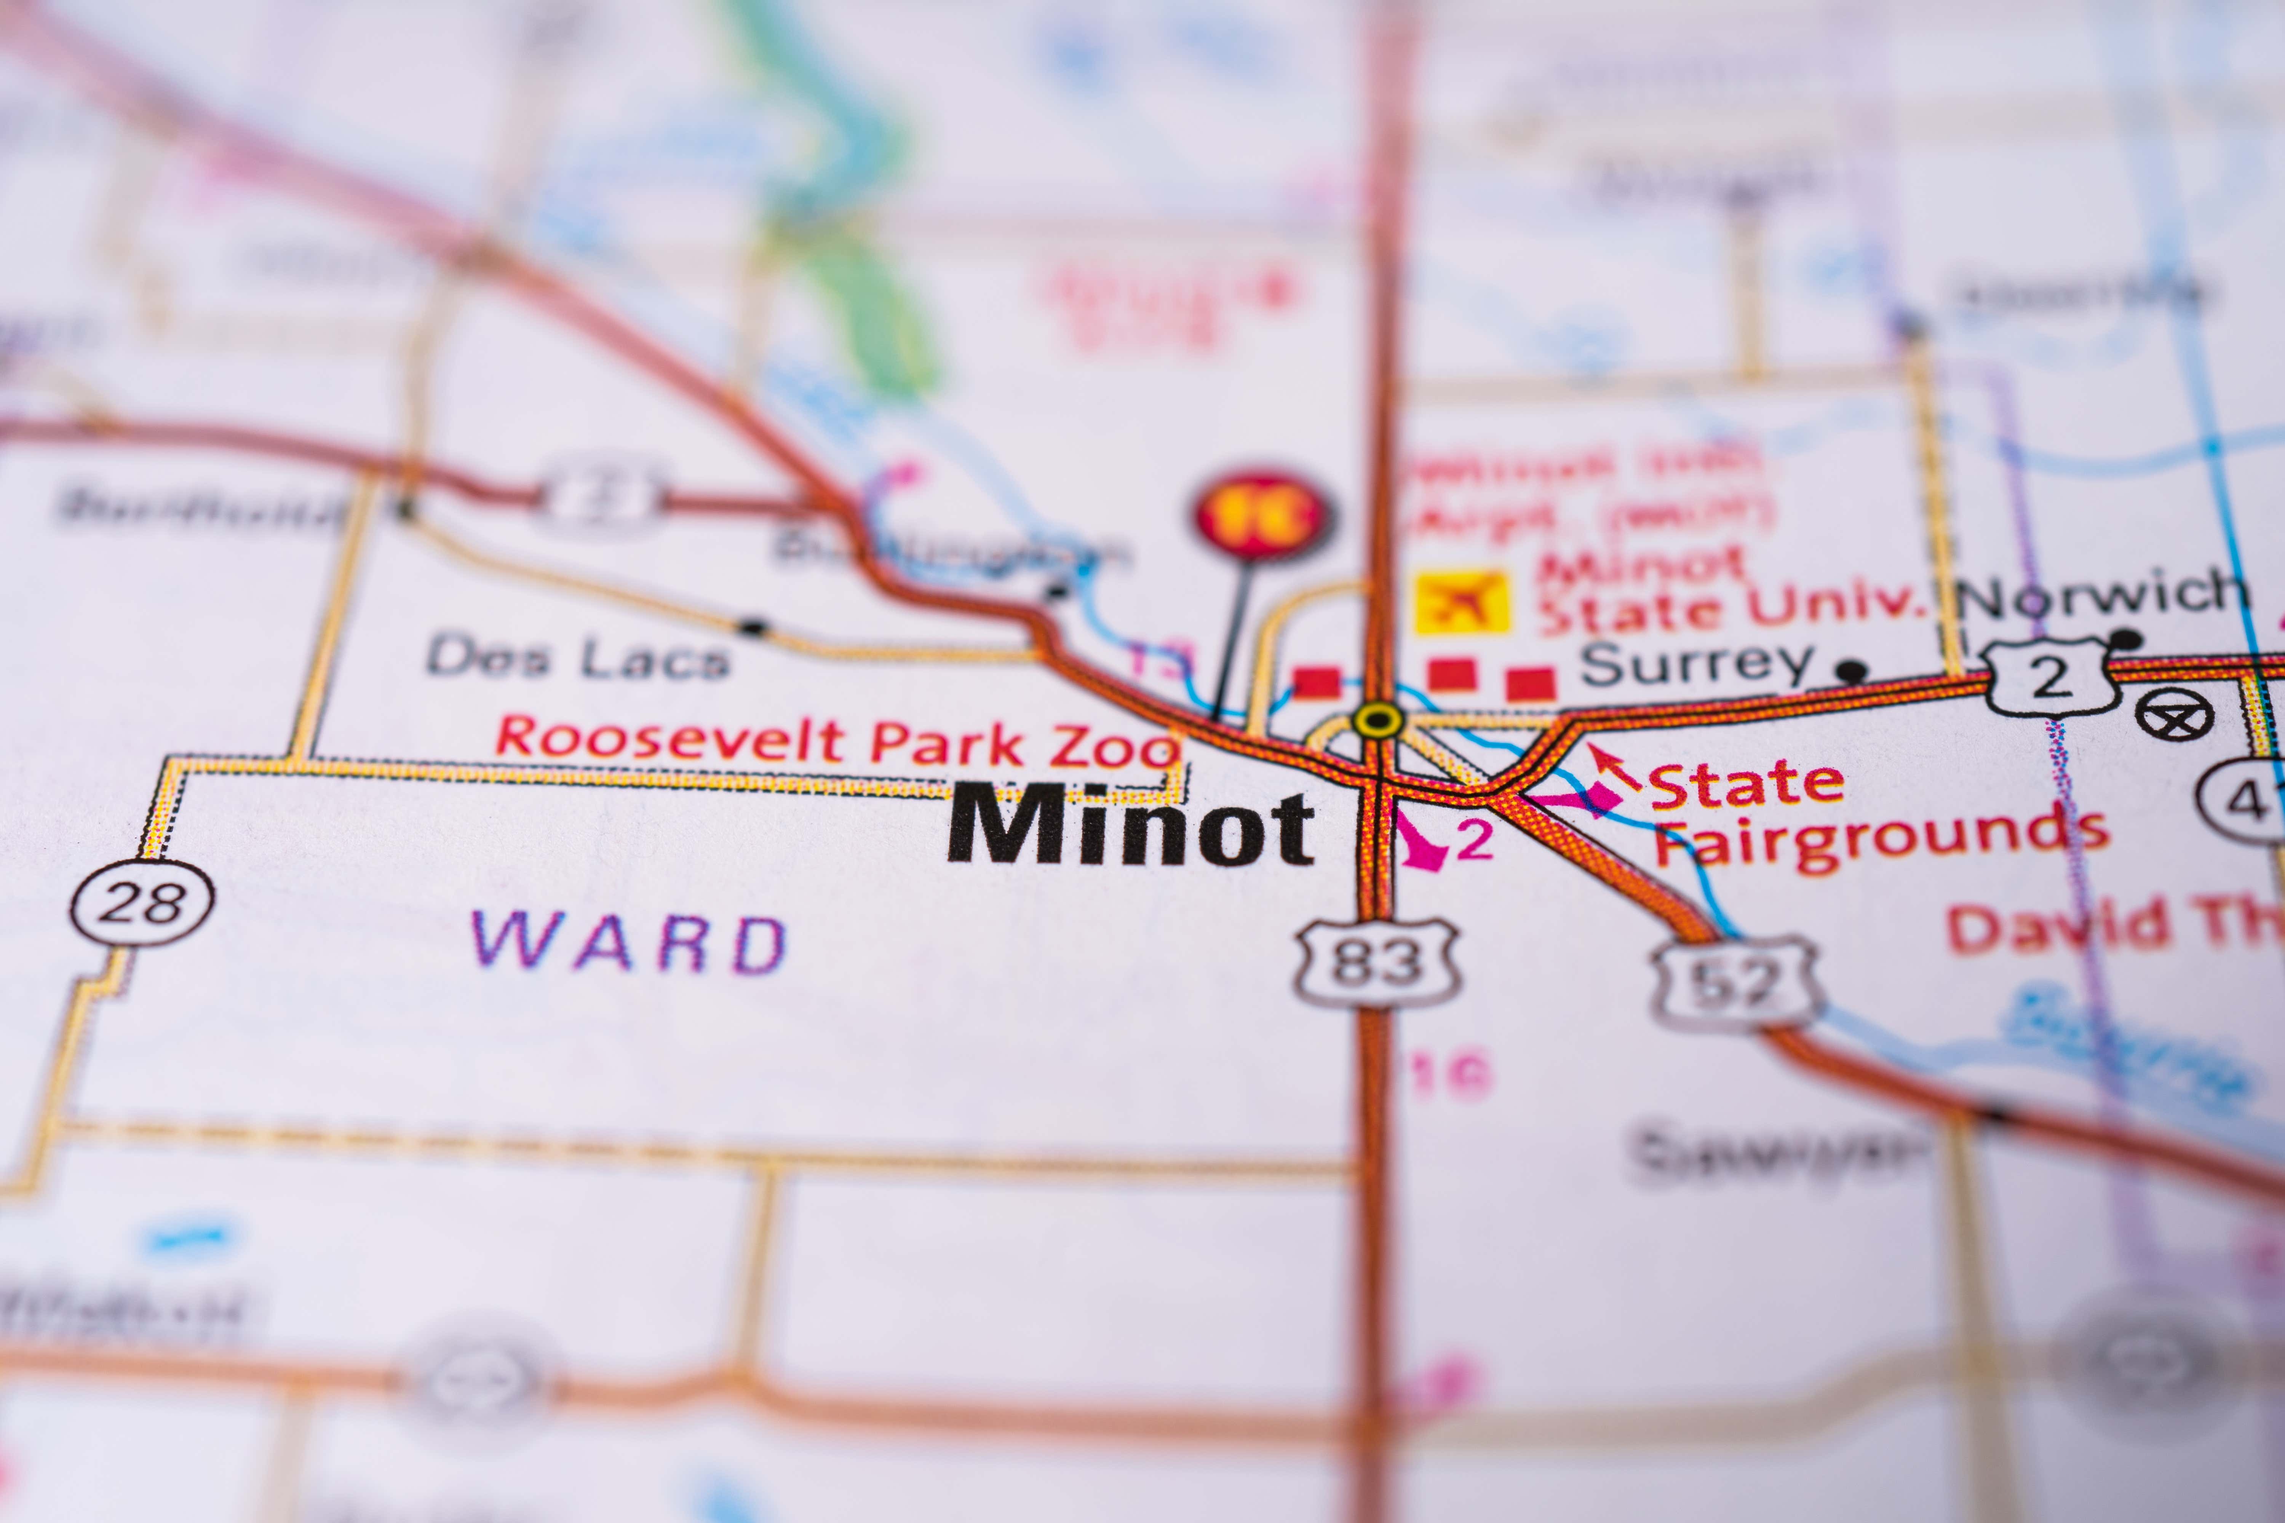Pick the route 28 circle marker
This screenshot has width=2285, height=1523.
pos(143,902)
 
